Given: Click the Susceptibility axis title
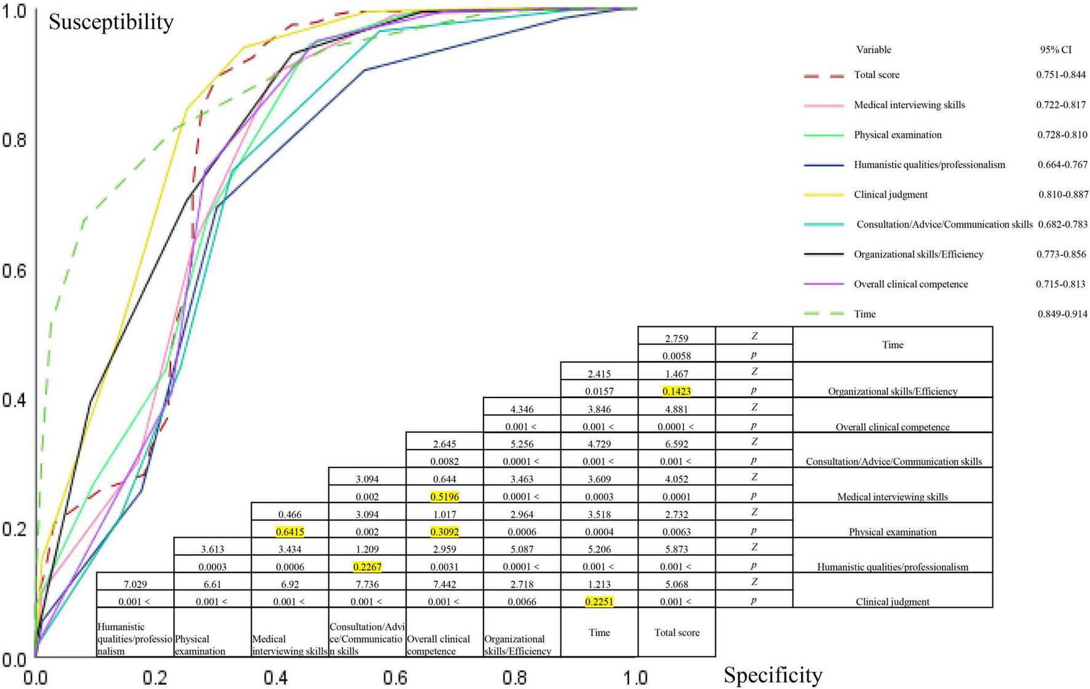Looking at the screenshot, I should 111,22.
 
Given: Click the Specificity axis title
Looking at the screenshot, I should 773,675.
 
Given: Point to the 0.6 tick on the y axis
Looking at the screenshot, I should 14,271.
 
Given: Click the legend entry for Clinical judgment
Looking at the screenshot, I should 890,194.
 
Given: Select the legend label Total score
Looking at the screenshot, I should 876,75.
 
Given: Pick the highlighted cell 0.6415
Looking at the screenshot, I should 290,532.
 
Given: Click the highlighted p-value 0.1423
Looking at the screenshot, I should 676,391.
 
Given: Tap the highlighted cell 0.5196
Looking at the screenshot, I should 444,496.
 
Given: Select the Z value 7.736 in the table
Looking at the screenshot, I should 367,584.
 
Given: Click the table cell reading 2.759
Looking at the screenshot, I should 676,338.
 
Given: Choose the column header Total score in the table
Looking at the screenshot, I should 676,632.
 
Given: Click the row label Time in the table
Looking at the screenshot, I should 892,344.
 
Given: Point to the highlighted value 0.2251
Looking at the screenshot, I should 599,602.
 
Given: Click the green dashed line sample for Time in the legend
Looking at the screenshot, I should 824,314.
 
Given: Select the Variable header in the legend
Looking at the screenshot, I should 873,50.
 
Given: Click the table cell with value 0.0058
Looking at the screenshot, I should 676,356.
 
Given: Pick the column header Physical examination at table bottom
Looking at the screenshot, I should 199,645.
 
